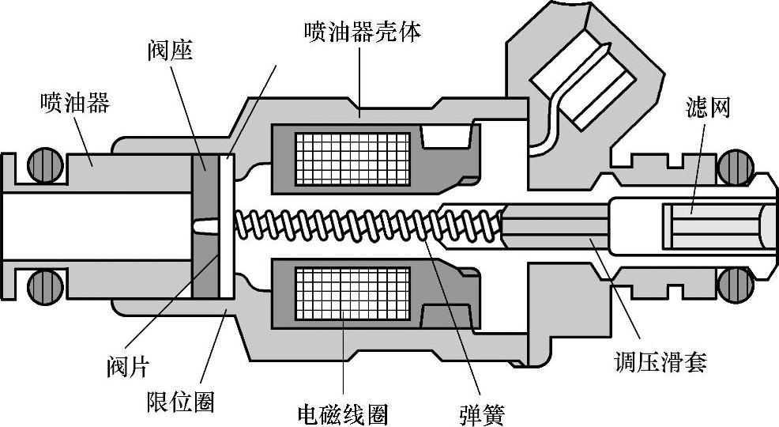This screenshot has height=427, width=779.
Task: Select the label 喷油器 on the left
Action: tap(75, 103)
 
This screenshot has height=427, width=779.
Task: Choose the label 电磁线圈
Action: tap(343, 413)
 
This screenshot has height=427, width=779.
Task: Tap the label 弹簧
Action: tap(481, 413)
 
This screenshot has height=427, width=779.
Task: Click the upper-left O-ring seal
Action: tap(46, 165)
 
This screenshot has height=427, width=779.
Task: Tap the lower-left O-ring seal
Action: tap(46, 284)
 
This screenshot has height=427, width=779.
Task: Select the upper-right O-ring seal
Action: tap(734, 165)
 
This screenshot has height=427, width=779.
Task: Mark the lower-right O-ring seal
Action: tap(734, 284)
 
